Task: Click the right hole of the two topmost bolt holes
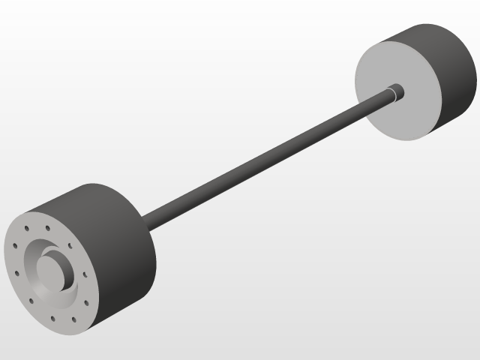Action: coord(48,227)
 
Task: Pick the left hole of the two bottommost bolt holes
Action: coord(52,318)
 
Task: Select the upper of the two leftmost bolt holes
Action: coord(14,244)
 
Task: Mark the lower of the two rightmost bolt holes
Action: coord(86,302)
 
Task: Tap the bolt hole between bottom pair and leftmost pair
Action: coord(31,301)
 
